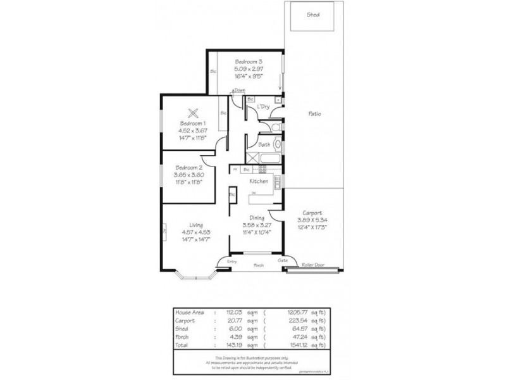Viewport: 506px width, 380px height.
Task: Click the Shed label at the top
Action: click(x=312, y=13)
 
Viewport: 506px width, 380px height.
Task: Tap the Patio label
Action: click(x=314, y=114)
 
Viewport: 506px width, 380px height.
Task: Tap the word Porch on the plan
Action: click(x=259, y=265)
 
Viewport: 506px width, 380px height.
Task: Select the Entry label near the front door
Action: click(x=231, y=261)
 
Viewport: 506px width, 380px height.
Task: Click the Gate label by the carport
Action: click(x=282, y=260)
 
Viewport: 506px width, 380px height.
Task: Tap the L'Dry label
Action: click(x=264, y=107)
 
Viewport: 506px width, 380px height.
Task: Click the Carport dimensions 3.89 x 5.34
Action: click(x=312, y=220)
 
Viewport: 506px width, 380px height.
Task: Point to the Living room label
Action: click(x=195, y=224)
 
